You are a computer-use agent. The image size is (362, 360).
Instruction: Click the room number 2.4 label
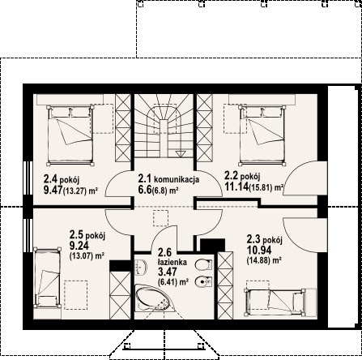[50, 179]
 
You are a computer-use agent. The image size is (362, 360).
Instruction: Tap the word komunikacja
[177, 179]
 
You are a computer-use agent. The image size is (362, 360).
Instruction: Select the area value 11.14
[236, 186]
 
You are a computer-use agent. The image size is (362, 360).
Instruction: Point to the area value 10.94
[259, 251]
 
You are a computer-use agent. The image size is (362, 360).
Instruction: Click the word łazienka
[172, 262]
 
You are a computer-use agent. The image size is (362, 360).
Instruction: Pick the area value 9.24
[79, 246]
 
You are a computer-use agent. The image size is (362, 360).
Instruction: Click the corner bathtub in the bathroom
[153, 298]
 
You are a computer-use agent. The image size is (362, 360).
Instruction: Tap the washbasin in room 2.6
[140, 267]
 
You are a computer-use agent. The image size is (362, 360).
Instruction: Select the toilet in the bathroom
[203, 265]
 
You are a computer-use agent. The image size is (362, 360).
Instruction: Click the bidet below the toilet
[203, 282]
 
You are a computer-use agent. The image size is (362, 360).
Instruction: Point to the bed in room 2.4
[70, 135]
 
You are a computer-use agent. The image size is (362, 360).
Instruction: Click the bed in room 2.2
[262, 135]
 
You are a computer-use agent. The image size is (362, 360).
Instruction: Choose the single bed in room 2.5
[47, 277]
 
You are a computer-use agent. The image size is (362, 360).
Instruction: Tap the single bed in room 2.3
[275, 302]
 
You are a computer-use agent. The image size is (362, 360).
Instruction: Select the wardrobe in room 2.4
[123, 128]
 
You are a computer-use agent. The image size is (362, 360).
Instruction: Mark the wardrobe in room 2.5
[120, 295]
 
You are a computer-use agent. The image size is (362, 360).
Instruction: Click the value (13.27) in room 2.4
[75, 191]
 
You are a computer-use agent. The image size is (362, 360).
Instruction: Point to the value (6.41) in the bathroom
[168, 283]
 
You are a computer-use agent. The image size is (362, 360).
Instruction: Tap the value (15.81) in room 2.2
[262, 187]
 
